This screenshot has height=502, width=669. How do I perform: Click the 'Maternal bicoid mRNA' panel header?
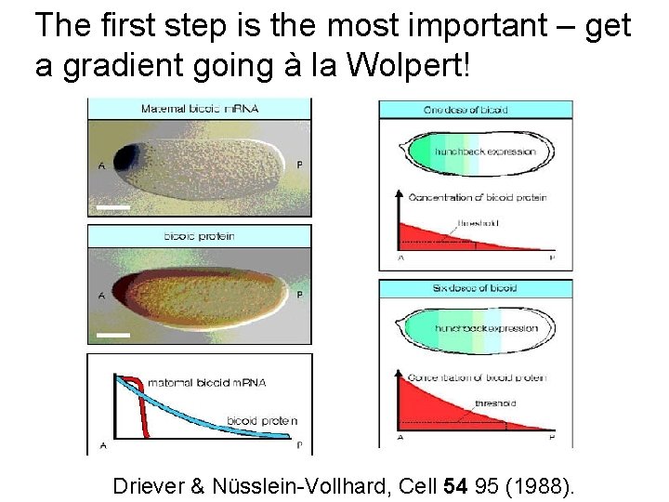[199, 109]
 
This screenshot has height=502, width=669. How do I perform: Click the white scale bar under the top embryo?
[112, 208]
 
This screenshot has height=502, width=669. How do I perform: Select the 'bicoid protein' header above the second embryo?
[199, 236]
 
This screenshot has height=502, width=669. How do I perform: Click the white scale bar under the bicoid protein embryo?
[112, 334]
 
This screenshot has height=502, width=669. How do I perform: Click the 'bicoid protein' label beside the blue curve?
[262, 421]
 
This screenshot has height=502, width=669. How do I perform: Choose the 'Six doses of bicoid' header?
[475, 288]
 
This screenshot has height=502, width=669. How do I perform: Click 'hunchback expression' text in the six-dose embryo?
[486, 328]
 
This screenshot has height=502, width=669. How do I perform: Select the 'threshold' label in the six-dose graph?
[495, 403]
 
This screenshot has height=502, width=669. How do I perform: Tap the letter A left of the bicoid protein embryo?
[99, 295]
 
